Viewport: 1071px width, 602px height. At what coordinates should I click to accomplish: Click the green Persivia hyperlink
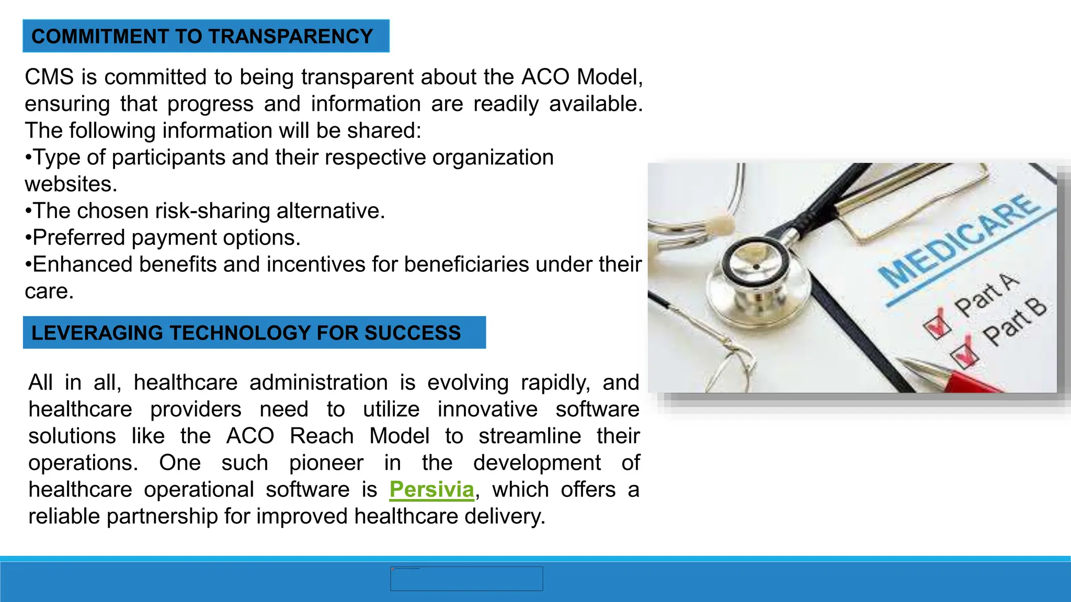[431, 490]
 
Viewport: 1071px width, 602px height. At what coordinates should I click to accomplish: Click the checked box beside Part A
[937, 325]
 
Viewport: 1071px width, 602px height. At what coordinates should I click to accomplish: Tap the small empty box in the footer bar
[466, 578]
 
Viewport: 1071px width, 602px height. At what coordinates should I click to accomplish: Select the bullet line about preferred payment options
[163, 238]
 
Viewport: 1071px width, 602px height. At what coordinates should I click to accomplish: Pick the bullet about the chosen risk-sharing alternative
[205, 211]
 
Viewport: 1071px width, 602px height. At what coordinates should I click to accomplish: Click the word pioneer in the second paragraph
[326, 463]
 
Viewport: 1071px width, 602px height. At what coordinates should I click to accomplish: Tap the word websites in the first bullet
[71, 184]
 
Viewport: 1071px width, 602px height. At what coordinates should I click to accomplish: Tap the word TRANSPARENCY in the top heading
[291, 36]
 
